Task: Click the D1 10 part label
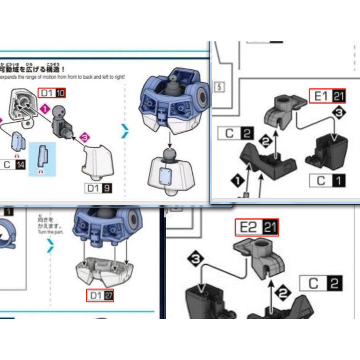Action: [52, 93]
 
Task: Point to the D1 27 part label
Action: [100, 296]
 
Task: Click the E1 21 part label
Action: [327, 96]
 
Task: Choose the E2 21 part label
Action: [257, 227]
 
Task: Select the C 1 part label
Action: [327, 181]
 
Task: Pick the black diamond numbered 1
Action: [238, 181]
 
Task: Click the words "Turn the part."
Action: [50, 232]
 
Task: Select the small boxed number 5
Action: [219, 87]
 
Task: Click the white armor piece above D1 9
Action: [98, 161]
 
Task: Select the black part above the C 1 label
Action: [328, 151]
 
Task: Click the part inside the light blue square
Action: [42, 156]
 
